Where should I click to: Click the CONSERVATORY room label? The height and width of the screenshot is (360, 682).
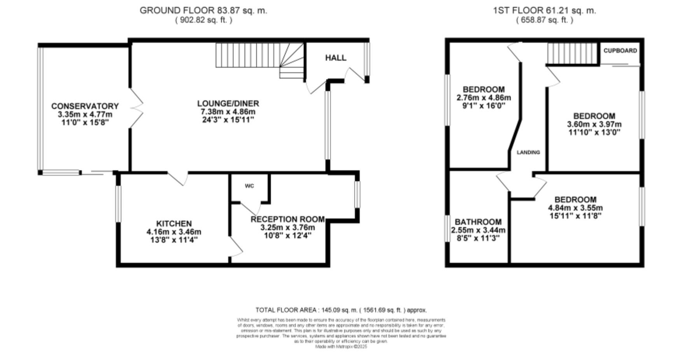(85, 106)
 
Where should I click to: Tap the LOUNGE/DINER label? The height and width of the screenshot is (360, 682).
(228, 103)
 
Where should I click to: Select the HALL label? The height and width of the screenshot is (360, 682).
(335, 58)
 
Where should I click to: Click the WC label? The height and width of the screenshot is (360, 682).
(249, 186)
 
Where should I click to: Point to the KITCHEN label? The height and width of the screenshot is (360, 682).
(174, 224)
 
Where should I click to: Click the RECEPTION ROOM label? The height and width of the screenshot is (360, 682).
(288, 219)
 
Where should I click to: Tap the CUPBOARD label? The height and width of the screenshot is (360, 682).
(620, 51)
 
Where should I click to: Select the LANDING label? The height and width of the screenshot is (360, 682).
(528, 152)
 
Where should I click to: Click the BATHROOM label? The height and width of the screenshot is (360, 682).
(478, 222)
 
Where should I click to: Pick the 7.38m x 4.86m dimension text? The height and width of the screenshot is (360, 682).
(228, 112)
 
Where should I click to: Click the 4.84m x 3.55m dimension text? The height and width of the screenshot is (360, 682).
(575, 208)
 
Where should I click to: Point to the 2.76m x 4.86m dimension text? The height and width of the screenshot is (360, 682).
(484, 98)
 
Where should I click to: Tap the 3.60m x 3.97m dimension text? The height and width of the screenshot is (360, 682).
(594, 124)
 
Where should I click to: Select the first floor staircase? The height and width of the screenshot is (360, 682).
(572, 53)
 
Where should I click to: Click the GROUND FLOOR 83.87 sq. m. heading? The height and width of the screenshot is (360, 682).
(203, 10)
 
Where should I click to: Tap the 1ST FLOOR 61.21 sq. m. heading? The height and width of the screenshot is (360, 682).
(544, 10)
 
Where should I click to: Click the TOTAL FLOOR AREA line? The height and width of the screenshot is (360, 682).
(341, 310)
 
